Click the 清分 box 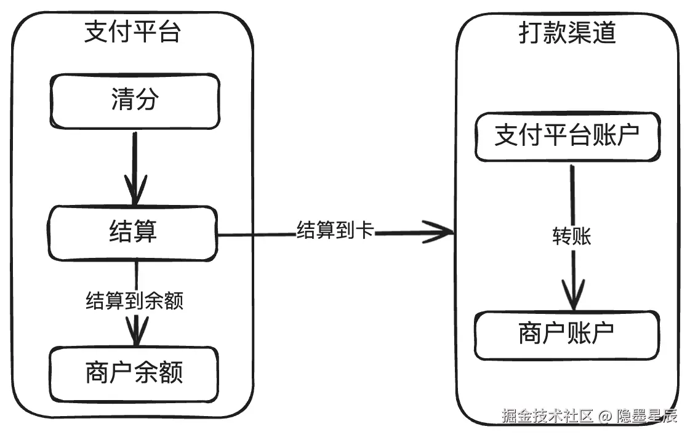[x=135, y=101]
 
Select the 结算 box [x=132, y=233]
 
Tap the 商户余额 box [x=134, y=374]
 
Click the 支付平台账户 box [x=568, y=137]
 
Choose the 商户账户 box [x=568, y=335]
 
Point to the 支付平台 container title [x=132, y=31]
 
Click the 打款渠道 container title [x=568, y=33]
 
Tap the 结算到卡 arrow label [x=335, y=230]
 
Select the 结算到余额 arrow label [x=135, y=300]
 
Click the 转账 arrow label [x=572, y=236]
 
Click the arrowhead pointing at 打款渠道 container [x=438, y=232]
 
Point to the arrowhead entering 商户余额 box [x=137, y=331]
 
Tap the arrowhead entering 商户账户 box [x=574, y=295]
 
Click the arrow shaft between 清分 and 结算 [x=135, y=168]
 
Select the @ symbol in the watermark [x=605, y=416]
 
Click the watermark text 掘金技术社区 [x=548, y=416]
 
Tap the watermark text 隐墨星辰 [x=647, y=416]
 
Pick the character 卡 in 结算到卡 [x=365, y=230]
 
